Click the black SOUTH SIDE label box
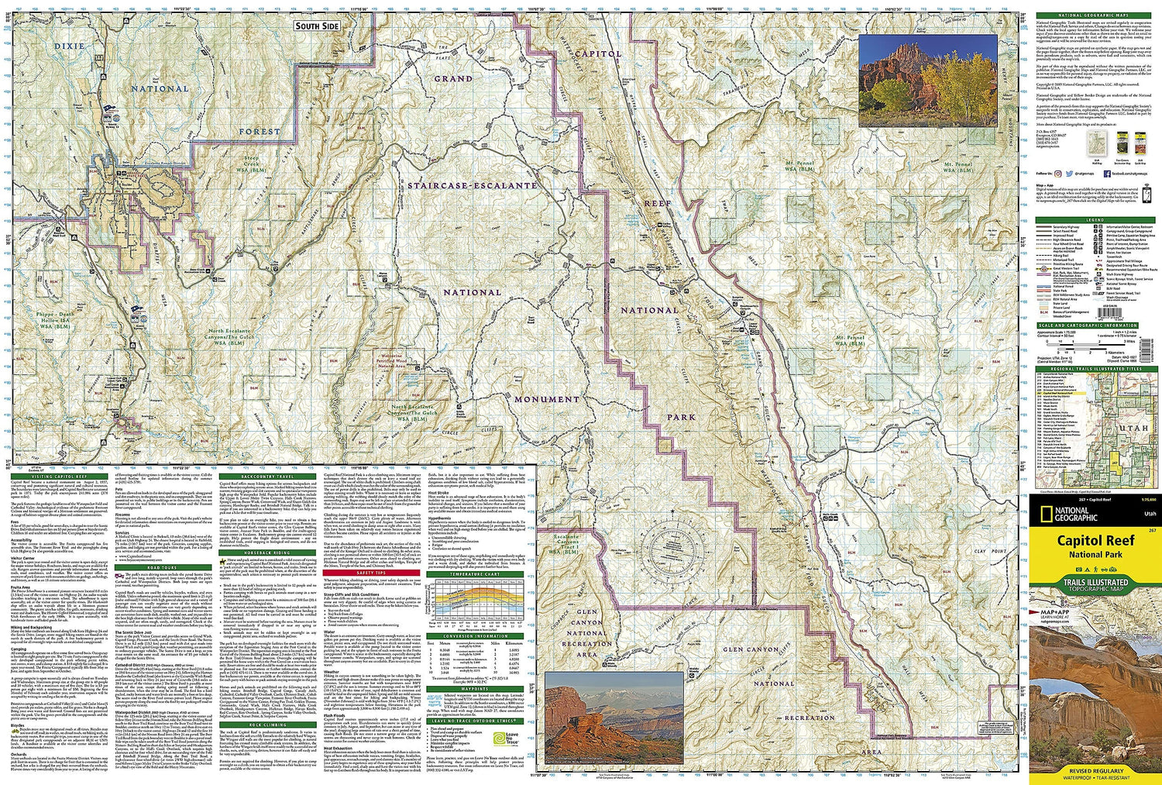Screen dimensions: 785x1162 (317, 26)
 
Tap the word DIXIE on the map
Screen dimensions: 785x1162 (70, 46)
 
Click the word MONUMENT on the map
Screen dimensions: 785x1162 (547, 399)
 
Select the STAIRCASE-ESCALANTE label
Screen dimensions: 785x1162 (473, 186)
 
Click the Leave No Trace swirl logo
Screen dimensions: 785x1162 (511, 735)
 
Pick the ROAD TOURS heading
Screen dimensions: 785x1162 (162, 567)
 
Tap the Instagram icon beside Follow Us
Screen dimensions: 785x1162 (1068, 196)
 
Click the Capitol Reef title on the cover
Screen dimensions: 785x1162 (1095, 540)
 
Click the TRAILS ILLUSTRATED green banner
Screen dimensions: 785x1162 (1095, 584)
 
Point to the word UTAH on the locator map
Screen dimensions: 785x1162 (1133, 427)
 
